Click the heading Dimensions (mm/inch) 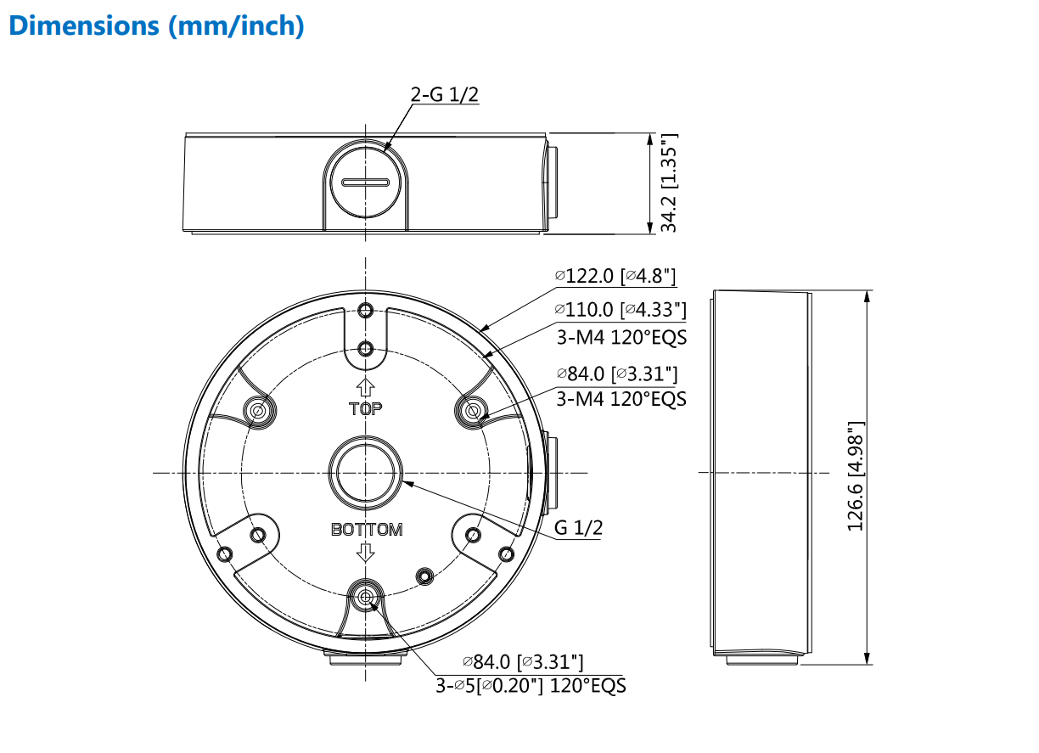point(155,25)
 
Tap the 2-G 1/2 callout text point(444,94)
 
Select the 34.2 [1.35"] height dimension point(670,183)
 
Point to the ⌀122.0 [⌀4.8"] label point(615,275)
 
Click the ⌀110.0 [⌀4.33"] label point(621,310)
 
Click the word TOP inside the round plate point(366,409)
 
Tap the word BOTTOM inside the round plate point(367,530)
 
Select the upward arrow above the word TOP point(366,389)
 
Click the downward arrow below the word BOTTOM point(366,553)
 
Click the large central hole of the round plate point(366,472)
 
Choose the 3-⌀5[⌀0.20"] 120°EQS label point(531,686)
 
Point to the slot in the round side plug point(365,182)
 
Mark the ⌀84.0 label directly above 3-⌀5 point(522,661)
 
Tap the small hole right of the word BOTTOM point(424,576)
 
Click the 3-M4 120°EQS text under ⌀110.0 point(621,337)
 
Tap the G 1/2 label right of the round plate point(578,528)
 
